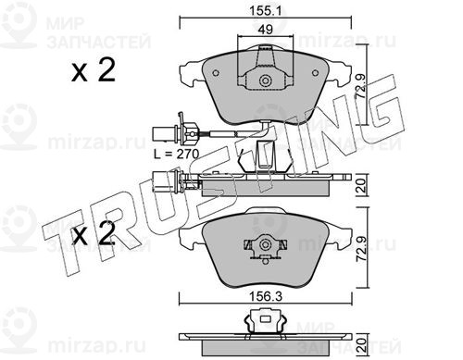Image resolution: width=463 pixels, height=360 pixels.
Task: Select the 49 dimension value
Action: pos(266,30)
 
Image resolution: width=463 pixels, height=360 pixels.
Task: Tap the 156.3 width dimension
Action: pos(266,297)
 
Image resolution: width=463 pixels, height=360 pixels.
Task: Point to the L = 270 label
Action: pos(177,154)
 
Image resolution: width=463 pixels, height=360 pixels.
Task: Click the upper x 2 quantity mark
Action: pos(94,70)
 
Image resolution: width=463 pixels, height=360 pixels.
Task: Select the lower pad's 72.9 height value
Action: pos(362,248)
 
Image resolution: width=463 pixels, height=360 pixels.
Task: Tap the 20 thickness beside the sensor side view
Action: pos(362,186)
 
